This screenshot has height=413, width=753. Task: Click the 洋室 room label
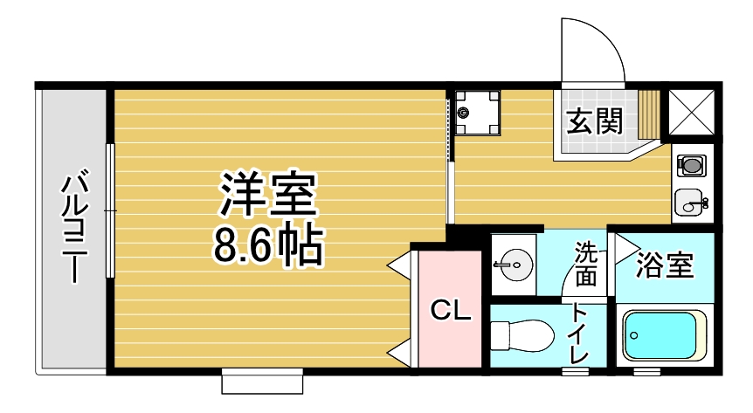(x=267, y=196)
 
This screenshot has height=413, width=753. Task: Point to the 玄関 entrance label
(x=597, y=121)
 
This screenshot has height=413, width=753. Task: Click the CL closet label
(x=452, y=310)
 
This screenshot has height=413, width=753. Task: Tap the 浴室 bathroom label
(x=665, y=265)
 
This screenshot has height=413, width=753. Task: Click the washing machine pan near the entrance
(x=477, y=113)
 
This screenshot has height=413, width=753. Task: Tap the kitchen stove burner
(x=693, y=164)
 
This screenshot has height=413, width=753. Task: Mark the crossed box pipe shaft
(x=692, y=114)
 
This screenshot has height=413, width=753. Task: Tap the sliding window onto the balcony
(x=110, y=210)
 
